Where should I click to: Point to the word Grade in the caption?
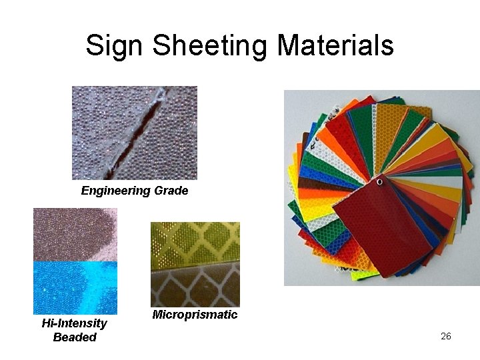[172, 191]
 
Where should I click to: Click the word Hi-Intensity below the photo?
[74, 323]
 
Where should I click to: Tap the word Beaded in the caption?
[75, 337]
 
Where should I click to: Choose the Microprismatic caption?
[195, 315]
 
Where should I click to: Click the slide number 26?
[446, 336]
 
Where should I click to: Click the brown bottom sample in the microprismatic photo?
[195, 287]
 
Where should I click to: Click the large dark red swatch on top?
[383, 227]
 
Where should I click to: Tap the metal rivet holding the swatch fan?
[379, 181]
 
